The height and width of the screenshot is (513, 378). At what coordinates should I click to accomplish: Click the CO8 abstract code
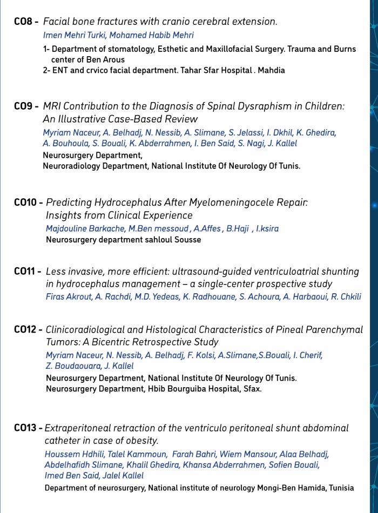[25, 22]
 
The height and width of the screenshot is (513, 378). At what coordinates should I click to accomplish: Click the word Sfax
[252, 389]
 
